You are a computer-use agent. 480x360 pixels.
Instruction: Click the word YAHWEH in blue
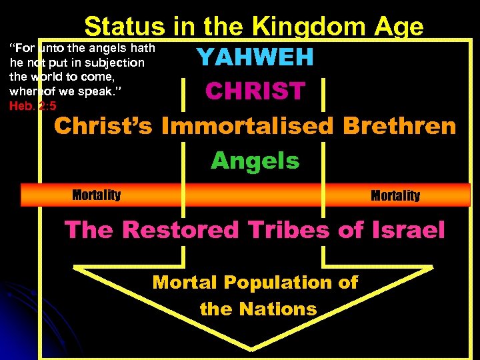click(255, 58)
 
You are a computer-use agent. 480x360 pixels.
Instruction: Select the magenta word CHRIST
click(255, 91)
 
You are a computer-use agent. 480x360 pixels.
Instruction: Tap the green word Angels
click(255, 161)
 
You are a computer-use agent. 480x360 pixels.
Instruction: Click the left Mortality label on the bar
click(96, 195)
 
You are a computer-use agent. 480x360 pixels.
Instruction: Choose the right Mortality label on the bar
click(395, 195)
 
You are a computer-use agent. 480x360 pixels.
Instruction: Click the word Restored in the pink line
click(180, 230)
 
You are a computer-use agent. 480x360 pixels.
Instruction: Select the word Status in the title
click(124, 27)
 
